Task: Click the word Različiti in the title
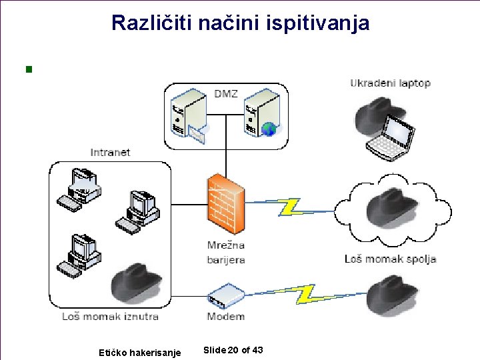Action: tap(141, 23)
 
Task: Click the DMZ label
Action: tap(226, 93)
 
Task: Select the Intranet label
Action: tap(110, 152)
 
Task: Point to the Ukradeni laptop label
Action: tap(390, 83)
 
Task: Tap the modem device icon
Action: tap(225, 295)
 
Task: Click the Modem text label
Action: tap(225, 316)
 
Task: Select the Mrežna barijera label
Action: tap(225, 252)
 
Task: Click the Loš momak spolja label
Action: tap(390, 259)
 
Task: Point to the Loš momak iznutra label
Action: tap(110, 316)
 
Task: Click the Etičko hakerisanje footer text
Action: tap(139, 352)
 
